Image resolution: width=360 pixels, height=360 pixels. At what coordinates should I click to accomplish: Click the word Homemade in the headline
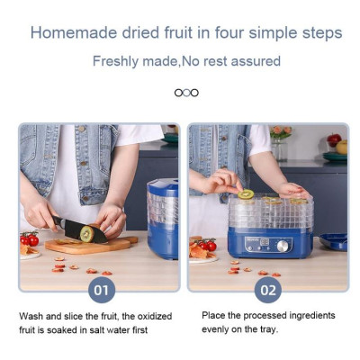pyautogui.click(x=74, y=32)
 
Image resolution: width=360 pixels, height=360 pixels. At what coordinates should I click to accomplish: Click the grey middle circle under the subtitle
pyautogui.click(x=186, y=93)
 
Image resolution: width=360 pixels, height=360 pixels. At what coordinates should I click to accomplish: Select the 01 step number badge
pyautogui.click(x=102, y=290)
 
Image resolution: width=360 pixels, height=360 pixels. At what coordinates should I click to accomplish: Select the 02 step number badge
pyautogui.click(x=268, y=290)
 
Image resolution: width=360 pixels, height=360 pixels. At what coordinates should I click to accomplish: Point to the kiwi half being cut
pyautogui.click(x=87, y=234)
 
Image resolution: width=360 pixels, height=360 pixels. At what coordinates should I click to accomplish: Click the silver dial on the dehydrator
pyautogui.click(x=283, y=246)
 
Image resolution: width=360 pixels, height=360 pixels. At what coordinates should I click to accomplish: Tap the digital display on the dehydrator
pyautogui.click(x=265, y=242)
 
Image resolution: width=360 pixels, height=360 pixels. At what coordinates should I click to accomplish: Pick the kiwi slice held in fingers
pyautogui.click(x=246, y=194)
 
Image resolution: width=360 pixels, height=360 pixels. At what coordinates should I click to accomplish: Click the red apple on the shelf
pyautogui.click(x=334, y=139)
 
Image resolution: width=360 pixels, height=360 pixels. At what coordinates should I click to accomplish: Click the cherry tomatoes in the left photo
pyautogui.click(x=30, y=238)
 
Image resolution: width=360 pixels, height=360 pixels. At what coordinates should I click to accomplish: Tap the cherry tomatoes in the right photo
pyautogui.click(x=208, y=245)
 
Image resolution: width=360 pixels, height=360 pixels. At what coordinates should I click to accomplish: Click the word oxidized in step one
pyautogui.click(x=155, y=316)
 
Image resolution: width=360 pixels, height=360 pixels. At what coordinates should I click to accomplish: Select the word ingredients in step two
pyautogui.click(x=312, y=315)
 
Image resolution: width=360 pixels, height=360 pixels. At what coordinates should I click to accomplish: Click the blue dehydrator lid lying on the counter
pyautogui.click(x=333, y=242)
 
